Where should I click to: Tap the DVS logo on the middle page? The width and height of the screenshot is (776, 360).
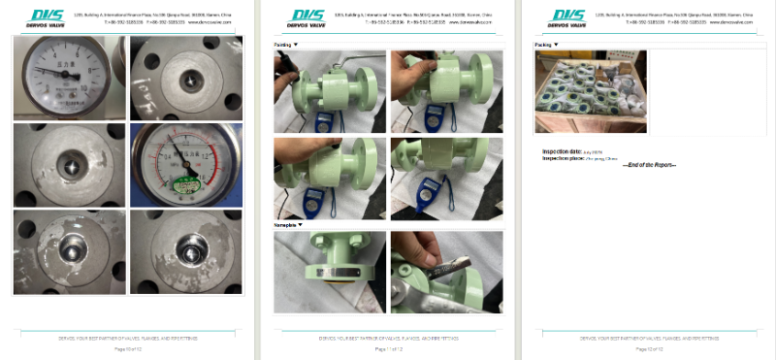coord(308,17)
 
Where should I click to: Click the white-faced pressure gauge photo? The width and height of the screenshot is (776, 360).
coord(69,79)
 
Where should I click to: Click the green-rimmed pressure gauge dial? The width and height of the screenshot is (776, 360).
coord(185,164)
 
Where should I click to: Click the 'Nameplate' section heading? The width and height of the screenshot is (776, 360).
coord(288,224)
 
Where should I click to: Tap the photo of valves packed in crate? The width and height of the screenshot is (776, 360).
coord(590,91)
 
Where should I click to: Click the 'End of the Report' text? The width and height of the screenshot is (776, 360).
coord(649,165)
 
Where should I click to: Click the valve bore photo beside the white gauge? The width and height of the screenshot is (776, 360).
coord(186,79)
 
